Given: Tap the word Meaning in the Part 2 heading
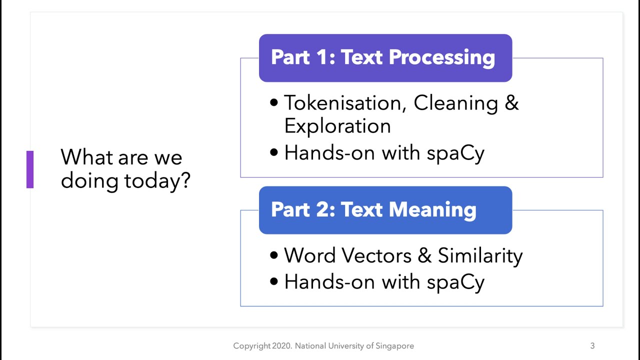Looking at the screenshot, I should [432, 209].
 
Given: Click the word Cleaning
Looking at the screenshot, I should [455, 103].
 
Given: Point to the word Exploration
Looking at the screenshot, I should [337, 126].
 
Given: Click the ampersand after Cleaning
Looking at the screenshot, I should [511, 103].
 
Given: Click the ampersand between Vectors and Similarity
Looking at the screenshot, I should [424, 255].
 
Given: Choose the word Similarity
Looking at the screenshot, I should [480, 255].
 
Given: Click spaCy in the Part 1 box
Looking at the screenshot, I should [455, 153].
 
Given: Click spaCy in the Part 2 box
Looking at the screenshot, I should [455, 282].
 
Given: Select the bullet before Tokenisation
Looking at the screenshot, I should [273, 103].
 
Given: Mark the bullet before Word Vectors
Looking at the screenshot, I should [273, 255].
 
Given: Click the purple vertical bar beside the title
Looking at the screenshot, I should [30, 169].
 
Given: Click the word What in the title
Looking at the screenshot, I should [85, 157].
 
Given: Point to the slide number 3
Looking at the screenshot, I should [592, 345].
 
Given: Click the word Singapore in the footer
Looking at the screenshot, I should [396, 345].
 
